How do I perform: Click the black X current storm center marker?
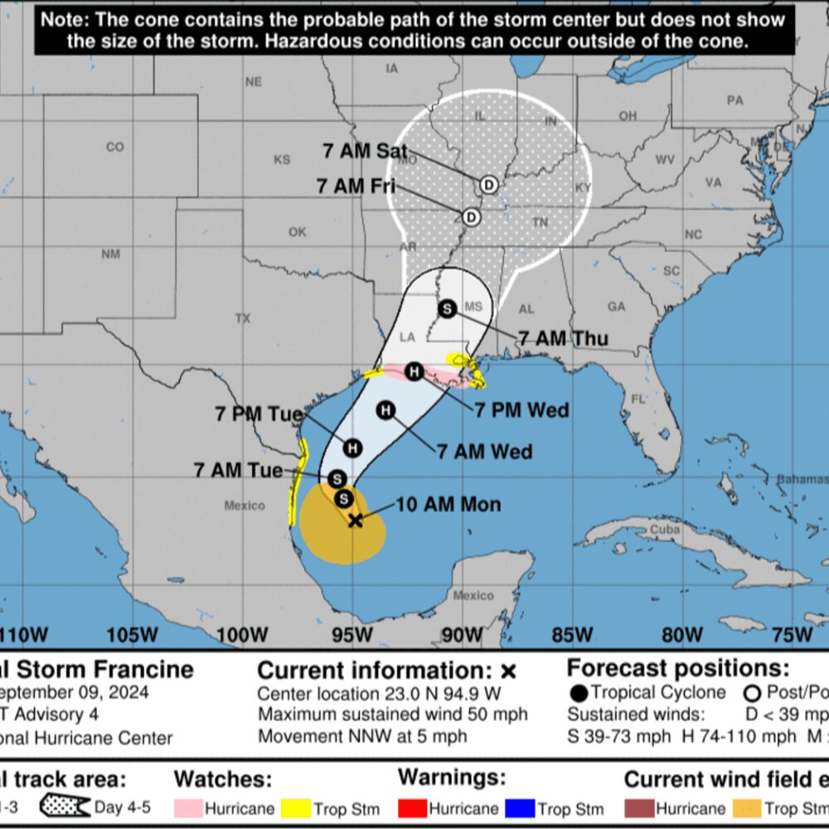(x=355, y=520)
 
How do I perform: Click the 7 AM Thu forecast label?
(x=563, y=338)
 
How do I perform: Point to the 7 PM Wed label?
(x=521, y=410)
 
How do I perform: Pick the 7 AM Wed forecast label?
(x=484, y=451)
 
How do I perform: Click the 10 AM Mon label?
(x=448, y=504)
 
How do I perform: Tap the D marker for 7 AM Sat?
(x=489, y=184)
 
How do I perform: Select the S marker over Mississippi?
(x=448, y=308)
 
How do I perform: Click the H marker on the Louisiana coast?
(x=414, y=371)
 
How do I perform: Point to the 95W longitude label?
(x=351, y=635)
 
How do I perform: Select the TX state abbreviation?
(x=243, y=318)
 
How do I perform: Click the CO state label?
(x=115, y=147)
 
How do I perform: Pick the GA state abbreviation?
(x=617, y=307)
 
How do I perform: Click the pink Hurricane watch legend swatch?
(x=188, y=807)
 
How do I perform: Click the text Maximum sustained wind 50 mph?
(x=392, y=715)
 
